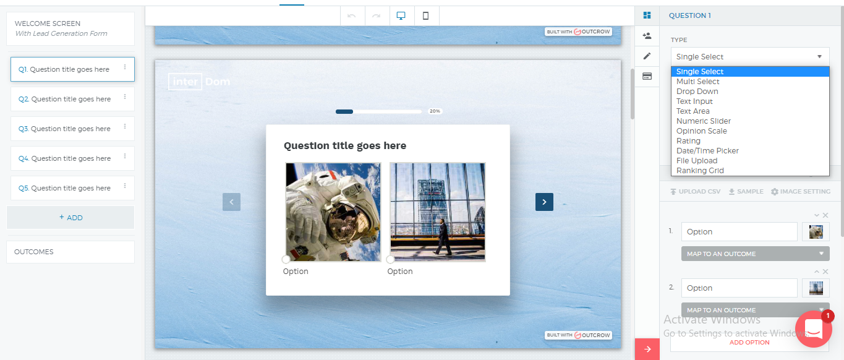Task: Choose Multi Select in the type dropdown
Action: [697, 82]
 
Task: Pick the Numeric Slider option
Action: [703, 121]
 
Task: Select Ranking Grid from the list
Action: [700, 170]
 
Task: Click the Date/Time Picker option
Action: [707, 151]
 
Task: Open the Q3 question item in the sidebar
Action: [72, 129]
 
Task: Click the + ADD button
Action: [70, 218]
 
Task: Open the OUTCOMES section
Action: [70, 252]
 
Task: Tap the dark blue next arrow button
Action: [544, 202]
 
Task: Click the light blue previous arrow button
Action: [231, 202]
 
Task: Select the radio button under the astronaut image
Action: [286, 259]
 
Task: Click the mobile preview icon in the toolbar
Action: [426, 16]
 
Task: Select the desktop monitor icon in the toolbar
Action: [401, 16]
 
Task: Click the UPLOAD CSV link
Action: [695, 192]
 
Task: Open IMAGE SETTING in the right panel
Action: [801, 192]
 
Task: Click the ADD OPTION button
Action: [749, 342]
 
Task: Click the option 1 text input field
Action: [740, 231]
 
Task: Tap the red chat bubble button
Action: [814, 329]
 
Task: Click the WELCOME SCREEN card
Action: [70, 28]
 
